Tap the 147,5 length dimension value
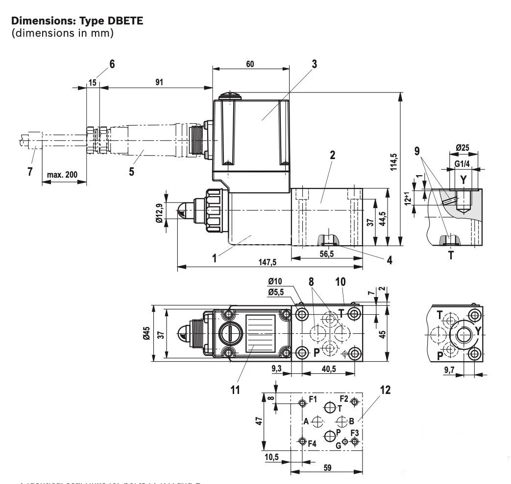click(268, 262)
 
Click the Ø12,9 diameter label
click(160, 212)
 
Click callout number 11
click(236, 390)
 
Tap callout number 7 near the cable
click(30, 172)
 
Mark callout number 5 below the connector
click(132, 172)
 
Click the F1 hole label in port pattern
click(313, 399)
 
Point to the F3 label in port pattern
click(354, 433)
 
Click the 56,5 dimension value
click(326, 254)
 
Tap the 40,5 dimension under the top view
click(328, 369)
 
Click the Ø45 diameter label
click(146, 334)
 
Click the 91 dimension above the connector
click(159, 82)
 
